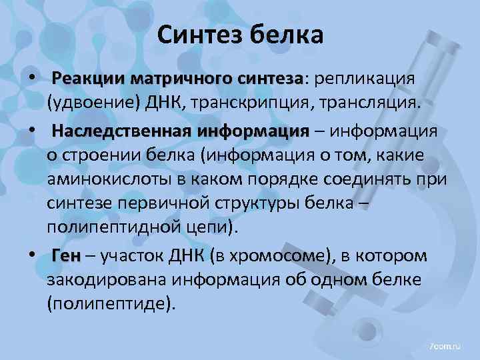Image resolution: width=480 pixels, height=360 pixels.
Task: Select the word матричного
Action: point(177,79)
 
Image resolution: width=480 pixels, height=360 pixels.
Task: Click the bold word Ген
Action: point(65,256)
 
